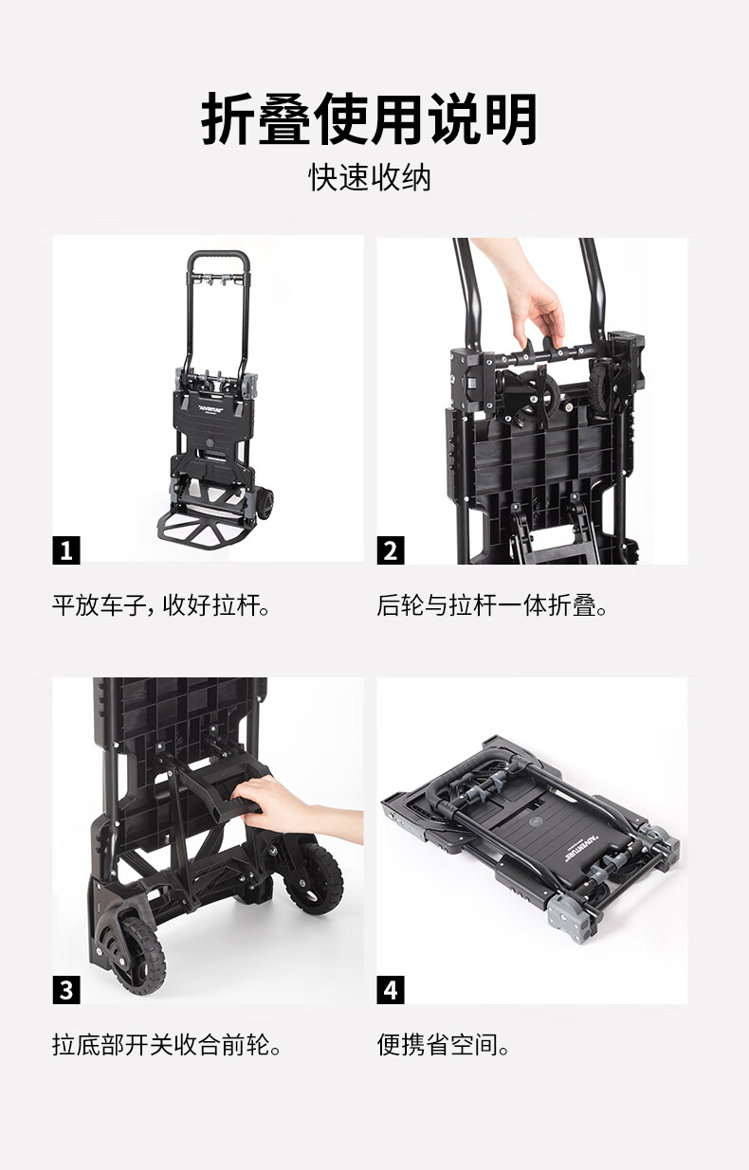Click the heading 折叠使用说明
pos(370,119)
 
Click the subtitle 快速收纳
pos(370,177)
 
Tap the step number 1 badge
pos(66,550)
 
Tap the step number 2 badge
pos(391,550)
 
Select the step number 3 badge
pos(66,989)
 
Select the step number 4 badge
pos(391,989)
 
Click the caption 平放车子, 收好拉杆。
pos(161,606)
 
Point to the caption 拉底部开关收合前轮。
pos(167,1045)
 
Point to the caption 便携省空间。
pos(443,1045)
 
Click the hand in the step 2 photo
pos(528,297)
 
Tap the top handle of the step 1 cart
pos(218,255)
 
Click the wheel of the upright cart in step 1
pos(265,503)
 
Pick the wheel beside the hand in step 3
pos(314,878)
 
